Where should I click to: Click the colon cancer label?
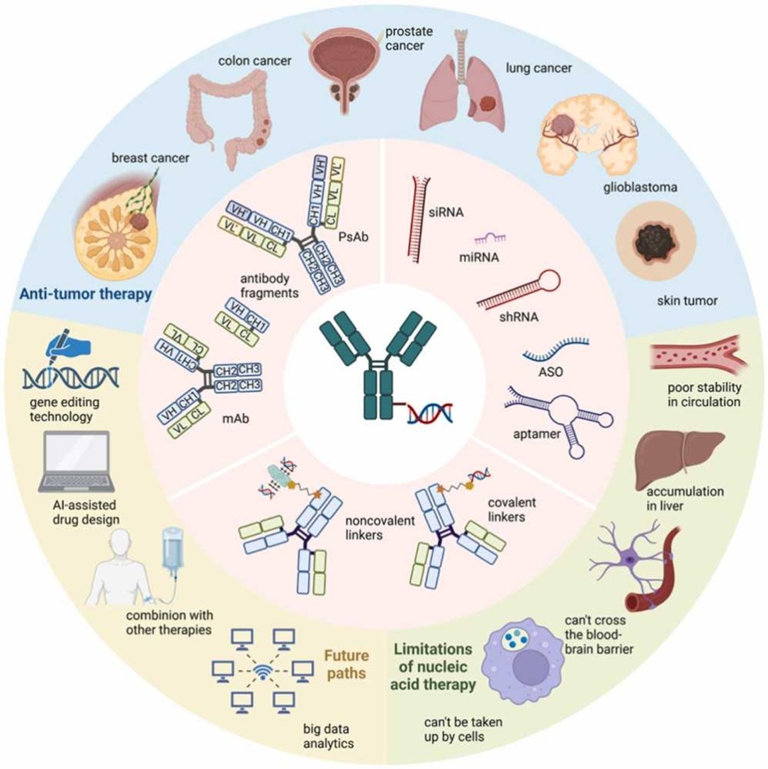(x=255, y=61)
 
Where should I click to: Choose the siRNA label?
(x=446, y=213)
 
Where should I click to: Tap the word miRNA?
(x=479, y=257)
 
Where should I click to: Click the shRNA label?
(x=519, y=317)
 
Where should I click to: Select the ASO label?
(x=550, y=372)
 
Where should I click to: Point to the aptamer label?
(x=536, y=434)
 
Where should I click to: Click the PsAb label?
(x=353, y=237)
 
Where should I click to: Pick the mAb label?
(x=235, y=418)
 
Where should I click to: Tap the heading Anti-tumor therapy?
(x=86, y=293)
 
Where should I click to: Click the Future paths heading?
(x=346, y=664)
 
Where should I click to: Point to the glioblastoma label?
(x=640, y=187)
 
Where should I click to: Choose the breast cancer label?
(x=150, y=158)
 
